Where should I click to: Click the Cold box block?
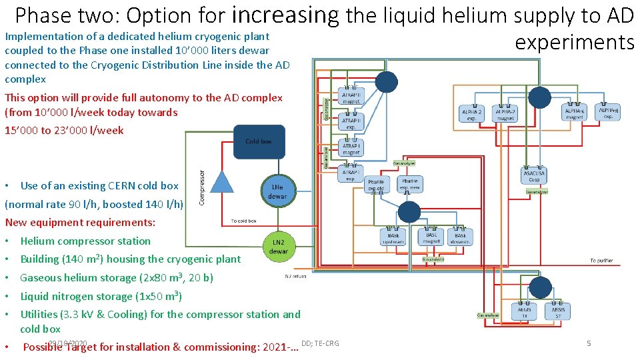click(259, 142)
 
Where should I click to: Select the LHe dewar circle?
click(277, 191)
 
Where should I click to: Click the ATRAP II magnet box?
click(351, 99)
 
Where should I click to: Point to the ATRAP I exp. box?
click(351, 175)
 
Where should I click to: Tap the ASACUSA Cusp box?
click(533, 176)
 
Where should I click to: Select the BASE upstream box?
click(393, 238)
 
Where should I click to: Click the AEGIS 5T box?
click(557, 311)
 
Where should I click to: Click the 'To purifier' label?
click(601, 261)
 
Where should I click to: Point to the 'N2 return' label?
click(296, 276)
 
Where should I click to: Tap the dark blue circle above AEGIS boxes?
click(540, 287)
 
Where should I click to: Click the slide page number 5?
click(589, 343)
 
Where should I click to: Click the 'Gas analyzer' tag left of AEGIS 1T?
click(487, 315)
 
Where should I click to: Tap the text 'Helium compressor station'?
click(85, 241)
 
